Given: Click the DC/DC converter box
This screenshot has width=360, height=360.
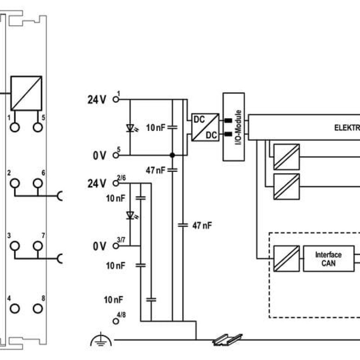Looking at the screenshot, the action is pos(205,127).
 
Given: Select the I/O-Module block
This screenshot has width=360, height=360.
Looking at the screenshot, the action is pos(234,127).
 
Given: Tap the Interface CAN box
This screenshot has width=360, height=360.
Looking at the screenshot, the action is pos(329,259).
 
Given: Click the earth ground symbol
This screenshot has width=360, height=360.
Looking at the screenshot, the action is pos(101,339).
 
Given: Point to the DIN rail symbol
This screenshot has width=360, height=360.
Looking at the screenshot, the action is pos(228,340).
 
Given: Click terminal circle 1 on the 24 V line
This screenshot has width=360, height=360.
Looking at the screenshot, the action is pos(116,99).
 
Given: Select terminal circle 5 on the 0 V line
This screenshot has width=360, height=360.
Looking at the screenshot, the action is pos(116,155).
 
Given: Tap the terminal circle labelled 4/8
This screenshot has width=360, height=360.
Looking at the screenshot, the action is pos(116,321).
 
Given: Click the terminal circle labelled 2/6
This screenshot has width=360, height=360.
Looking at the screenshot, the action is pos(116,183).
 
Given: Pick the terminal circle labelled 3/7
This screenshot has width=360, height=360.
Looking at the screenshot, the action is pos(116,246).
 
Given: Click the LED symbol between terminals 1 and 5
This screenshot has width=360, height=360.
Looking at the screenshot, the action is pos(131,128).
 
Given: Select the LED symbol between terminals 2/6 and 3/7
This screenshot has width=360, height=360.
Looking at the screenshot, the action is pos(131,216).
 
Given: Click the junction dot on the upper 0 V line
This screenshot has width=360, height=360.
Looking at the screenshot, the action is pos(172,155).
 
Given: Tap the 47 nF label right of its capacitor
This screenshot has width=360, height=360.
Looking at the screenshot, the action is pos(202,226).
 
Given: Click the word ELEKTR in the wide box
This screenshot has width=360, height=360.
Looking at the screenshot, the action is pos(347,128).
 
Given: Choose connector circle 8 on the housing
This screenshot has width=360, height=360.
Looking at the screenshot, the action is pos(38,309).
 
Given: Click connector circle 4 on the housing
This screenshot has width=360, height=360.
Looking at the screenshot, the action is pos(15,309).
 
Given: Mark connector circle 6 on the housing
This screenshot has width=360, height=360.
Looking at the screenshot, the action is pos(38,183).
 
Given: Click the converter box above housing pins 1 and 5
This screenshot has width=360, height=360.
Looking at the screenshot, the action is pos(26,93).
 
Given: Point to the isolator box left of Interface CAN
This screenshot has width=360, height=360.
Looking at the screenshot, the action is pos(287,259).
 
